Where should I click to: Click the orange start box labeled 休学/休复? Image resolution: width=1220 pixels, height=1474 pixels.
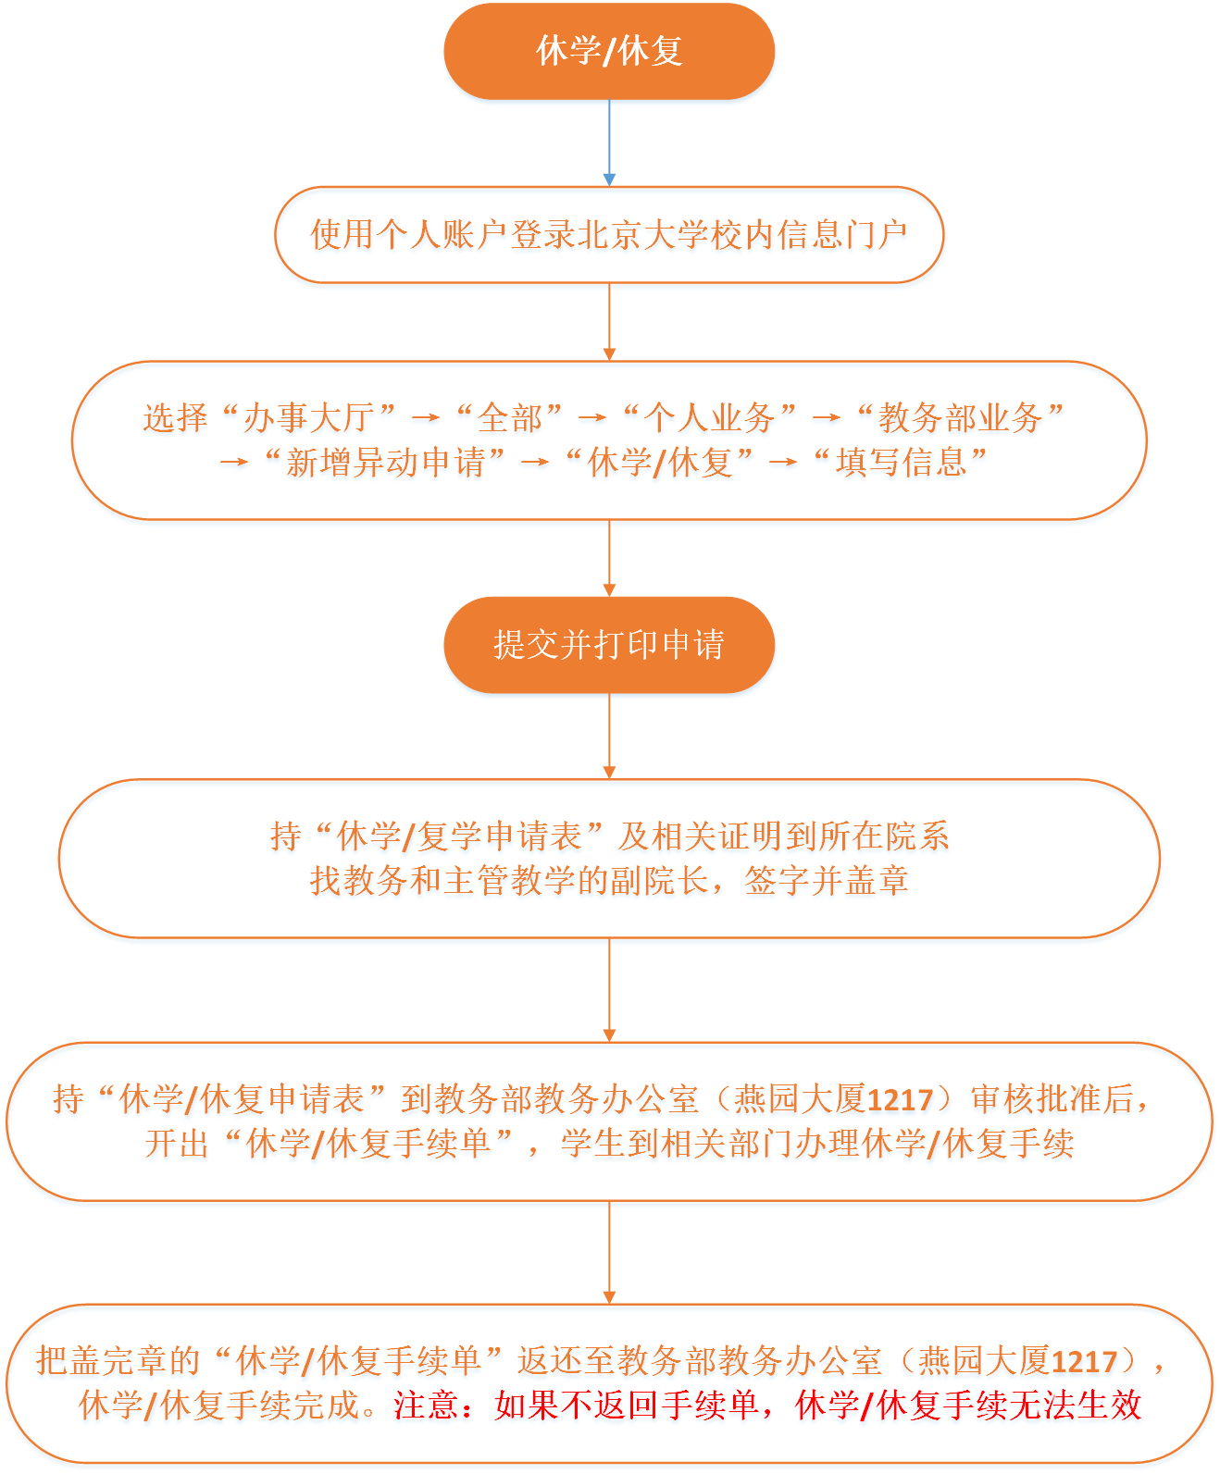tap(609, 52)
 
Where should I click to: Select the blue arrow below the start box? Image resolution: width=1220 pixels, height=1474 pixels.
tap(609, 142)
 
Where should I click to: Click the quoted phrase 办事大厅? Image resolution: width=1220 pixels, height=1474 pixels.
tap(309, 417)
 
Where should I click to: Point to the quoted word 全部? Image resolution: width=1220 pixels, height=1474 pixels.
tap(509, 417)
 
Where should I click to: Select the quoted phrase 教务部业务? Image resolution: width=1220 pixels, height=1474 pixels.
tap(960, 417)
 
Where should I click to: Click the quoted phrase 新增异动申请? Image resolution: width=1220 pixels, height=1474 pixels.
tap(384, 463)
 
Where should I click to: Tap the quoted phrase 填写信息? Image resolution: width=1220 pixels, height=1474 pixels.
tap(900, 463)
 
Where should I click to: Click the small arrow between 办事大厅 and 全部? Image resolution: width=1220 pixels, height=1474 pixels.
tap(425, 418)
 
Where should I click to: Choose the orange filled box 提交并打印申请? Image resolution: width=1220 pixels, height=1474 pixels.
tap(609, 645)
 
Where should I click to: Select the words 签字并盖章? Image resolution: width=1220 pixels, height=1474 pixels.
tap(826, 880)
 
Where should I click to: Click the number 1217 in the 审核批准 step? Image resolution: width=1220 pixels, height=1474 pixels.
tap(900, 1100)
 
